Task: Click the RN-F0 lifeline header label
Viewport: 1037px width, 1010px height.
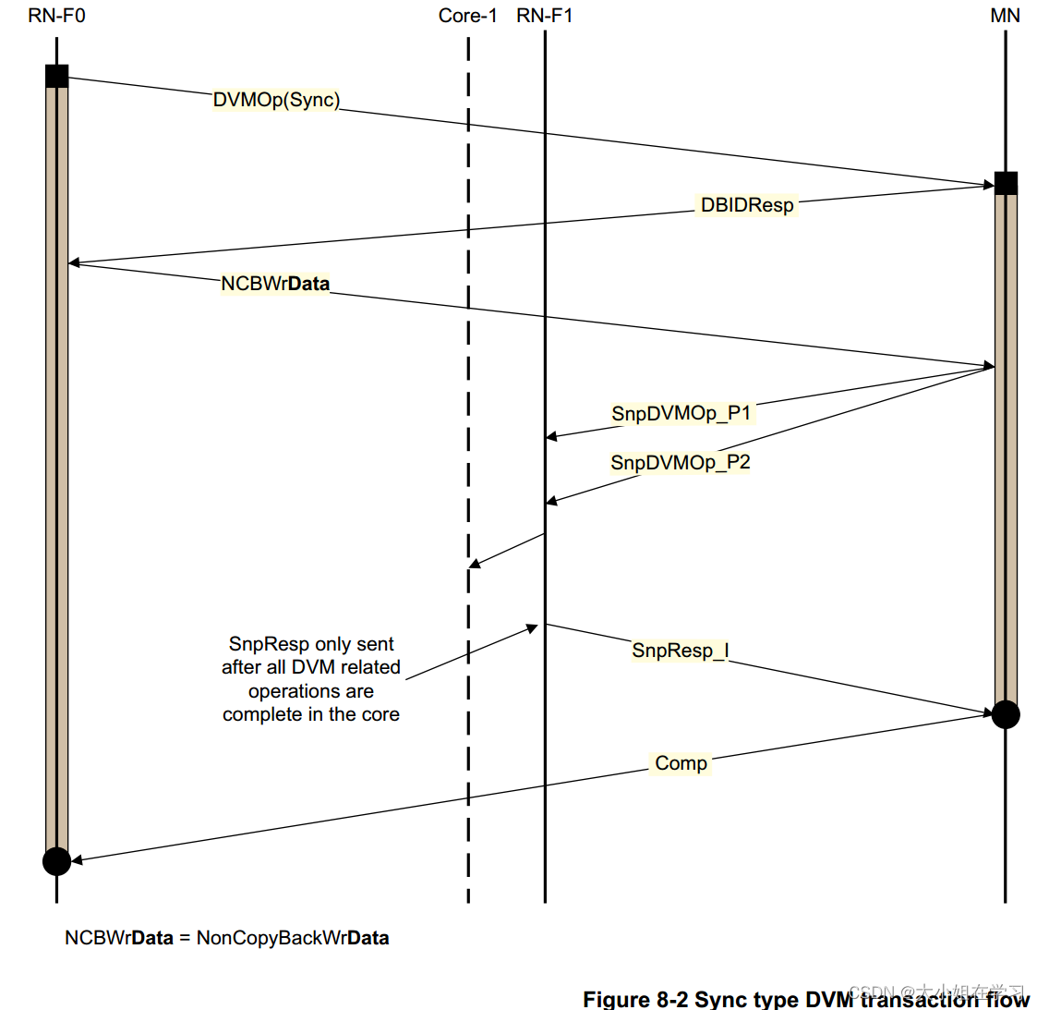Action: point(56,16)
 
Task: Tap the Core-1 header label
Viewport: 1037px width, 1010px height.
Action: point(467,16)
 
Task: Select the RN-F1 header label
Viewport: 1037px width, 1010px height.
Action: point(544,16)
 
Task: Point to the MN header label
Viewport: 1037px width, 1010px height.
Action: point(1005,16)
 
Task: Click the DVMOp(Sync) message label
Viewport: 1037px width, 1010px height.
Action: point(276,100)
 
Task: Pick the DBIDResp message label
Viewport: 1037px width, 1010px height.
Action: point(746,205)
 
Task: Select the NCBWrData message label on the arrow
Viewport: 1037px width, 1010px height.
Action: point(275,284)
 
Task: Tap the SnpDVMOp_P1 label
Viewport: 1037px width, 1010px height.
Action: point(681,413)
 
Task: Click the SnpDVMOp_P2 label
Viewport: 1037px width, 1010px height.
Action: point(680,462)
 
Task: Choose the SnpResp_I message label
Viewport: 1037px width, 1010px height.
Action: point(680,651)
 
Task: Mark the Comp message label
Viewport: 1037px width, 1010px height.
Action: point(681,763)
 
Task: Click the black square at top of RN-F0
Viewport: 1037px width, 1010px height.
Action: point(56,76)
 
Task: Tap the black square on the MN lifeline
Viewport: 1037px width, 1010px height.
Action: point(1006,183)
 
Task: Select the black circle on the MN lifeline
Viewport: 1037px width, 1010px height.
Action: point(1006,714)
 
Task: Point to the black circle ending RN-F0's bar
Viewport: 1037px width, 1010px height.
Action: point(56,861)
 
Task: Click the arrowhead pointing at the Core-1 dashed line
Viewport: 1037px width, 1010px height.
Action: point(475,563)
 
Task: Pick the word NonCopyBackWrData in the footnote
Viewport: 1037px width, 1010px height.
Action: point(293,938)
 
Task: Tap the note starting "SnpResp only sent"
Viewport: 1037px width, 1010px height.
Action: point(311,679)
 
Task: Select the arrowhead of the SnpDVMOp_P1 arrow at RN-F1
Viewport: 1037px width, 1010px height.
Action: point(551,436)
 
